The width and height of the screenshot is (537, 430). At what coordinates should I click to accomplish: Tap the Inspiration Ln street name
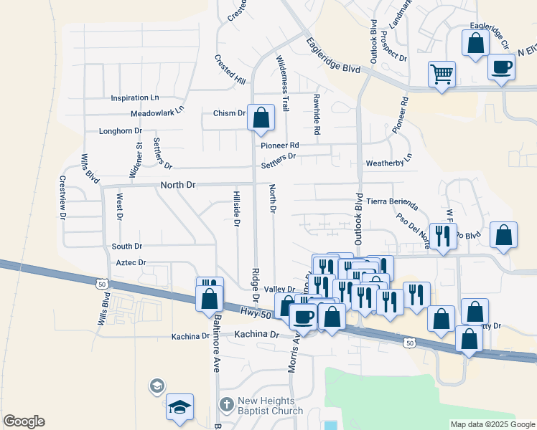134,97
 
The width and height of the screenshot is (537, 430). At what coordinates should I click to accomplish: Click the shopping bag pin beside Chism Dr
261,117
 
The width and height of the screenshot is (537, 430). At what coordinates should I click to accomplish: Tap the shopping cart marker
442,74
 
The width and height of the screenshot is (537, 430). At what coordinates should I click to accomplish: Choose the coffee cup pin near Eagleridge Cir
501,67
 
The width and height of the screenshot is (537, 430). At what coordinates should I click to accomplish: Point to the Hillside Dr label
236,208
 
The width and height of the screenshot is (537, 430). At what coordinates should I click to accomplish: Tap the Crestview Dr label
63,197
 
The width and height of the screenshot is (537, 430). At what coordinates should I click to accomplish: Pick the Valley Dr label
280,289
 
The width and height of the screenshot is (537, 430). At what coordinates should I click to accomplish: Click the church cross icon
226,405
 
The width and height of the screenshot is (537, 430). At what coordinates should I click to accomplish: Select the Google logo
24,421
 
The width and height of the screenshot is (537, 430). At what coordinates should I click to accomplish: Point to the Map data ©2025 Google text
492,424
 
